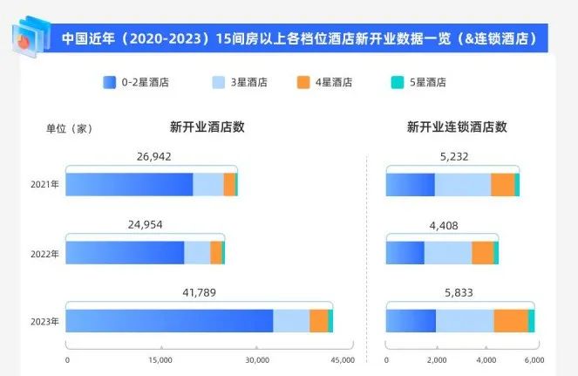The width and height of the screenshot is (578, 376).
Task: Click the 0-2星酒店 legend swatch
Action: point(110,83)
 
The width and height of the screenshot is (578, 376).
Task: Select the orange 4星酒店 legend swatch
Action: point(303,83)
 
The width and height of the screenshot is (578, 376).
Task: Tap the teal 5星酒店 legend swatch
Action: point(398,83)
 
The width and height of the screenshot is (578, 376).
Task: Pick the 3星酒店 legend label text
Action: point(249,83)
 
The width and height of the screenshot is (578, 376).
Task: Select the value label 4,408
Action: point(442,225)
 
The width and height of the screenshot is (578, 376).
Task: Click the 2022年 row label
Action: point(44,254)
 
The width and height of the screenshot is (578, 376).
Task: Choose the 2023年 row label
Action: point(44,321)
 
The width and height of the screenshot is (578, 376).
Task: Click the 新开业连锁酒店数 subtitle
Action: point(457,126)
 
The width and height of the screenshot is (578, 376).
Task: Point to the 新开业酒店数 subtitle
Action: point(207,126)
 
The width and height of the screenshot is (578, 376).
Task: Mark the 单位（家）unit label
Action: point(69,128)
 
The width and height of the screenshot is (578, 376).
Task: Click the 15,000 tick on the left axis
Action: point(160,359)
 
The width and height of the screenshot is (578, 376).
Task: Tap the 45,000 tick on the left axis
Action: point(342,359)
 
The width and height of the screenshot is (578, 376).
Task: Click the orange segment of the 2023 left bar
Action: point(318,320)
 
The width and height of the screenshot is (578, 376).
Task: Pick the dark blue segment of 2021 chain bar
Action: point(410,185)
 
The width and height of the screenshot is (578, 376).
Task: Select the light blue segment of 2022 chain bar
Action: point(447,252)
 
